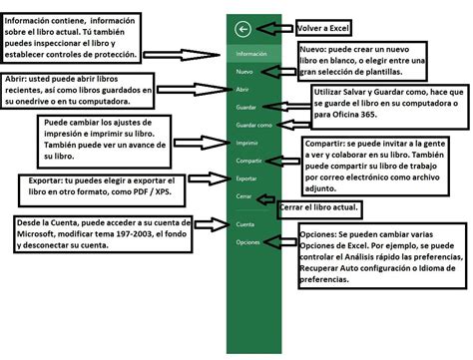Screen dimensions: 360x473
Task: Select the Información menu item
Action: point(251,53)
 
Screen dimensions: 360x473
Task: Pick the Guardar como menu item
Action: point(253,125)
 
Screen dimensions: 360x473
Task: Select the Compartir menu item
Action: point(249,160)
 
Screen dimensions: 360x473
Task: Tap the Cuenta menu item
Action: point(245,225)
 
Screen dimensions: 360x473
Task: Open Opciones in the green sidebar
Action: point(248,242)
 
